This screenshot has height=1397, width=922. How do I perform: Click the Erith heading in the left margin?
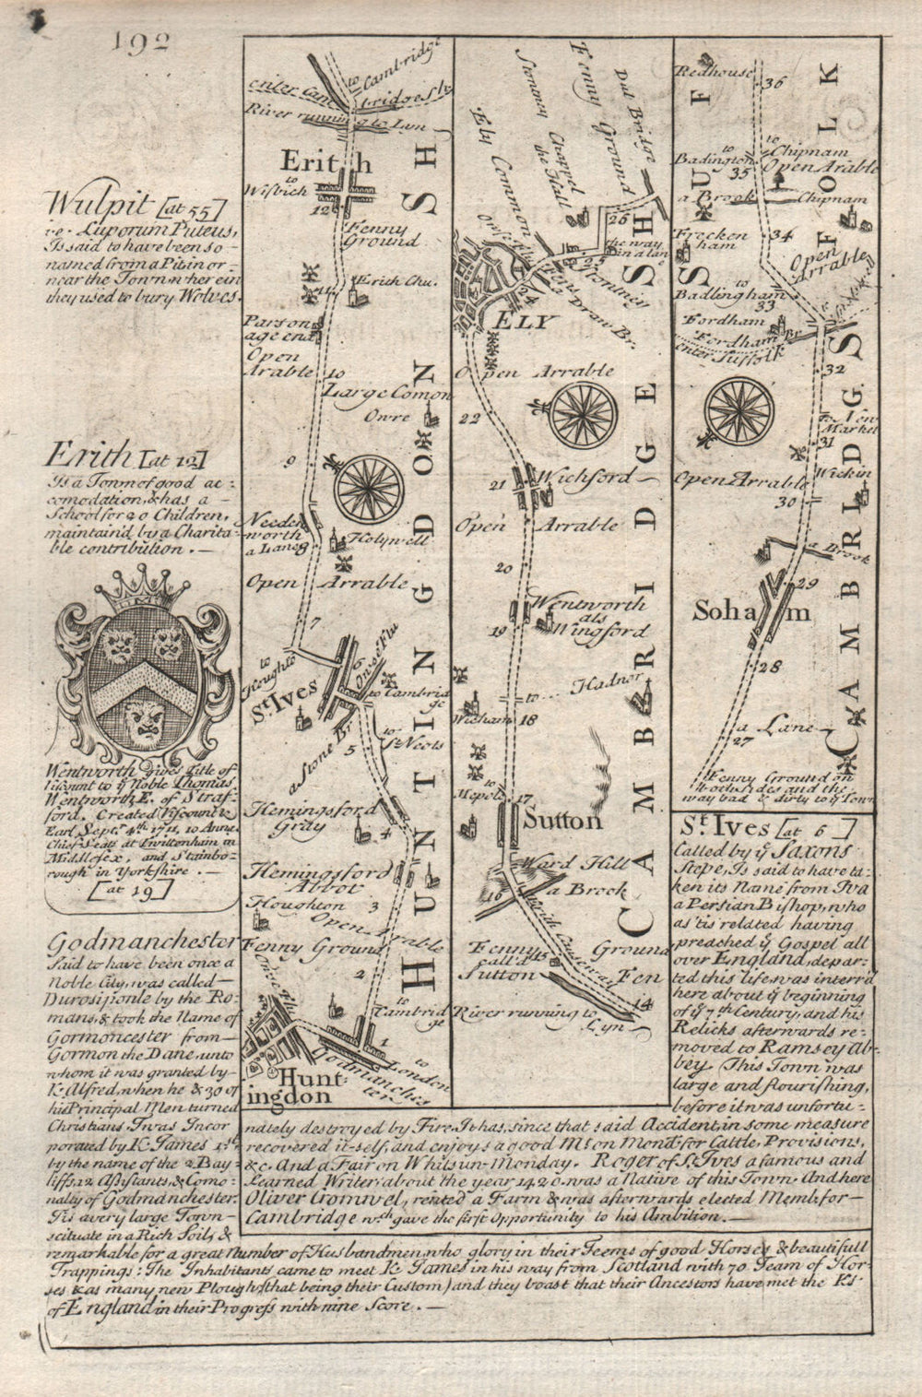[x=86, y=455]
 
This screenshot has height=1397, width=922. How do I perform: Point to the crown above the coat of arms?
[x=138, y=592]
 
